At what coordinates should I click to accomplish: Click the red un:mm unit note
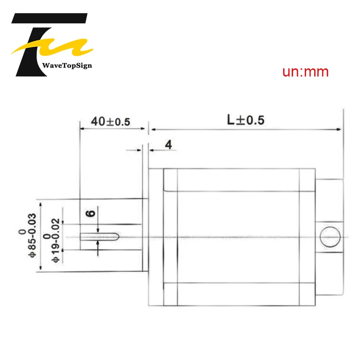tap(306, 72)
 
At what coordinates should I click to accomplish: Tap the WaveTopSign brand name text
tap(67, 66)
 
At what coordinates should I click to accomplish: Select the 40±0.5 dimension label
tap(110, 121)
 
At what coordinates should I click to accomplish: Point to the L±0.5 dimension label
tap(246, 120)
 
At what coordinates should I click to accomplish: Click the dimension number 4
tap(168, 144)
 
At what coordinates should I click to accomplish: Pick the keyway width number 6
tap(90, 213)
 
